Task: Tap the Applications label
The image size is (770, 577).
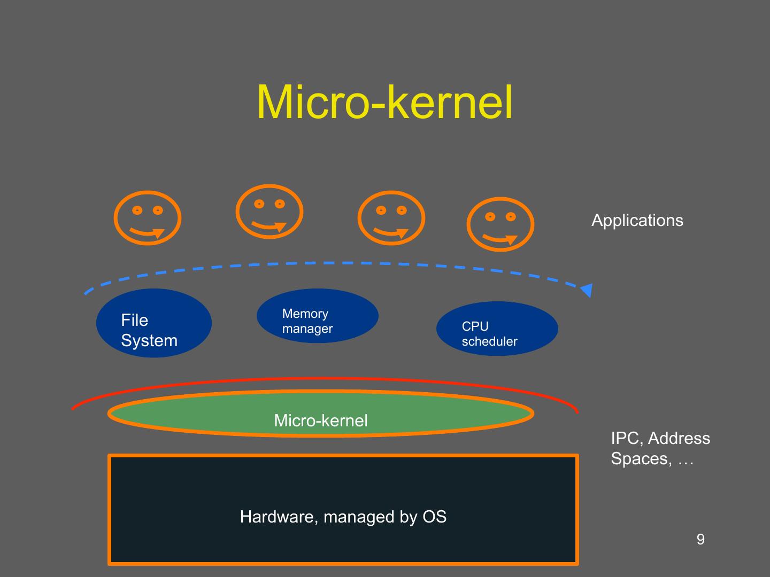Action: pos(637,221)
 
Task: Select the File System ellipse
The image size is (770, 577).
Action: pos(154,323)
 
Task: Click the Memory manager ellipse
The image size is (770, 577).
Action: pos(318,315)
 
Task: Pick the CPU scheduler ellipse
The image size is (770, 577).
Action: pos(497,329)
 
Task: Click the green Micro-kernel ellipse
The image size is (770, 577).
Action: pos(321,414)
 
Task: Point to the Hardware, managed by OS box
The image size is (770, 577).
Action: pos(343,509)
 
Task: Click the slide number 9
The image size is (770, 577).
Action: pos(700,540)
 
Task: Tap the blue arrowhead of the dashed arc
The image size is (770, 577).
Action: pos(587,290)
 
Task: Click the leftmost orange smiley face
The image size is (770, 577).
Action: pos(148,218)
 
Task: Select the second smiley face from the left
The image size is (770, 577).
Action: pos(269,212)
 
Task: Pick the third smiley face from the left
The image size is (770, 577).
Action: pos(391,218)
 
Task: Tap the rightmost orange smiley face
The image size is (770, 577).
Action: pos(500,224)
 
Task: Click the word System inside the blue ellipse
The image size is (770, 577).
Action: pos(149,341)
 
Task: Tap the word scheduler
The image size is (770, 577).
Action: pos(489,342)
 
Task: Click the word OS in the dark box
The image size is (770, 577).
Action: pos(434,517)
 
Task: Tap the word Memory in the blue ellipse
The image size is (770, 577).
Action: pos(305,314)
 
